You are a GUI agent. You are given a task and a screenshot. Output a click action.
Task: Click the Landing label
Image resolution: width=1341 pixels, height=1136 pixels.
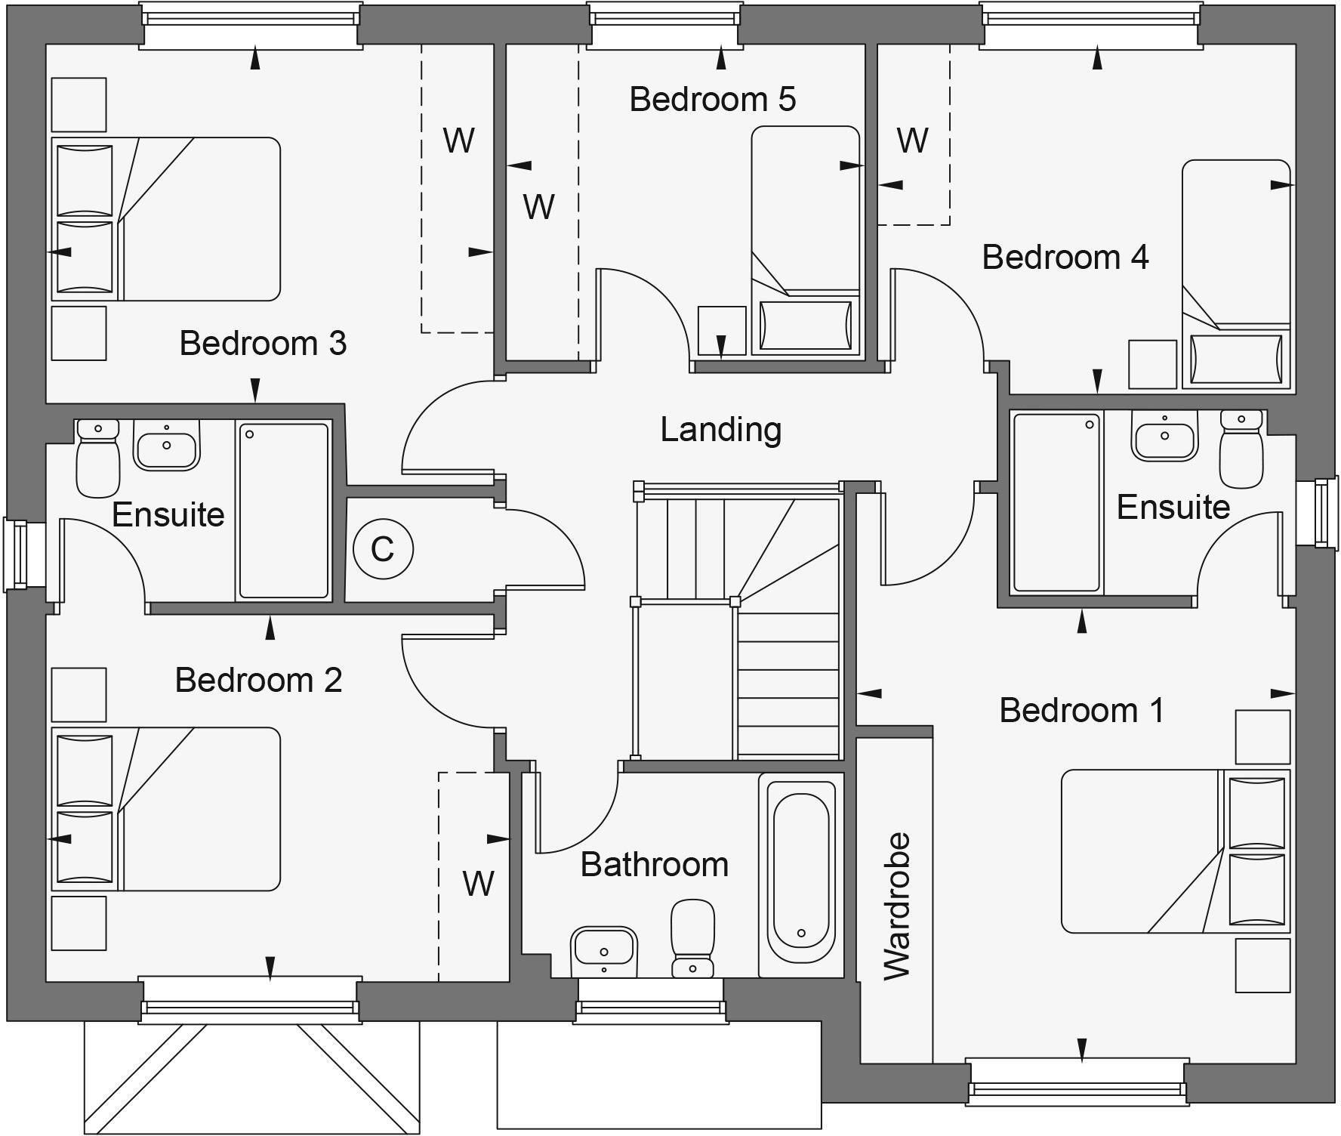point(720,430)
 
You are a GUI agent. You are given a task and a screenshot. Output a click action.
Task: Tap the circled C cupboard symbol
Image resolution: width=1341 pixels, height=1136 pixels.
point(383,549)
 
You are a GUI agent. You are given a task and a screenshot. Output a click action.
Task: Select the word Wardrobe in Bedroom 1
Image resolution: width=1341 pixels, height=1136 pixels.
point(897,906)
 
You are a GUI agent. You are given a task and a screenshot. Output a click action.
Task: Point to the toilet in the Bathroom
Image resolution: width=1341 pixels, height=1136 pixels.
point(692,937)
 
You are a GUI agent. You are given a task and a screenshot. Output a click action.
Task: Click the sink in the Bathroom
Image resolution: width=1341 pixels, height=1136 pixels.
point(604,950)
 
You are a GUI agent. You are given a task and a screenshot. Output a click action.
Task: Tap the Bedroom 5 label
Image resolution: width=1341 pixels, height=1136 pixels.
point(712,100)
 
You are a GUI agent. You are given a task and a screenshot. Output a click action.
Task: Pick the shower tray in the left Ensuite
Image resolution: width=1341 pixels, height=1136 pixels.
point(284,511)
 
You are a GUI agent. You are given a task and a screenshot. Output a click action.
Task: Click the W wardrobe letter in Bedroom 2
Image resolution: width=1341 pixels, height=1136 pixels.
point(478,883)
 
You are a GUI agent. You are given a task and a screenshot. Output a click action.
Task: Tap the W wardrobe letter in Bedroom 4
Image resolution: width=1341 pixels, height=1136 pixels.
point(912,140)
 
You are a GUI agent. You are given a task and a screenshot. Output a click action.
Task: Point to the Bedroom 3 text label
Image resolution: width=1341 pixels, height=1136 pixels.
point(263,344)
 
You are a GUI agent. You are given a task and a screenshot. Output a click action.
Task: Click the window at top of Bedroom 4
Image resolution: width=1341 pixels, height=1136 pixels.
point(1091,24)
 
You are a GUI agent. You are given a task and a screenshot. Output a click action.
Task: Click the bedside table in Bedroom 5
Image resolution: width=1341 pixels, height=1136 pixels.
point(721,330)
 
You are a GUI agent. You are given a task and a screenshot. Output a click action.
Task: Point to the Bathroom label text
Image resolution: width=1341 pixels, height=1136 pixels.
point(654,865)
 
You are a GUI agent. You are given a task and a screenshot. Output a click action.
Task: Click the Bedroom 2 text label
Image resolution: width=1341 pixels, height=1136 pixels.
point(258,681)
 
